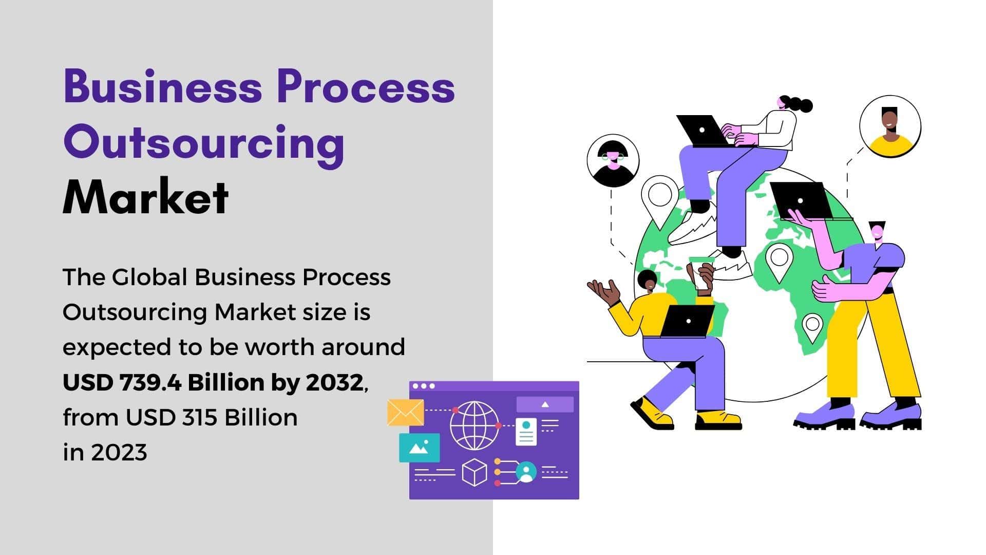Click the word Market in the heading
tap(146, 197)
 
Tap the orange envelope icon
tap(406, 413)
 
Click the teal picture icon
tap(420, 448)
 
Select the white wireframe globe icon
tap(475, 425)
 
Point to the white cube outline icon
tap(475, 472)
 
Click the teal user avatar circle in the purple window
tap(526, 472)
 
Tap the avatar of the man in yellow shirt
tap(890, 126)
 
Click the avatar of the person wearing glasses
tap(613, 160)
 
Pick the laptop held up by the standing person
tap(801, 201)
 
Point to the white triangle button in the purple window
tap(545, 404)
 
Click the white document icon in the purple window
tap(526, 432)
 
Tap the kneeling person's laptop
tap(687, 321)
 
